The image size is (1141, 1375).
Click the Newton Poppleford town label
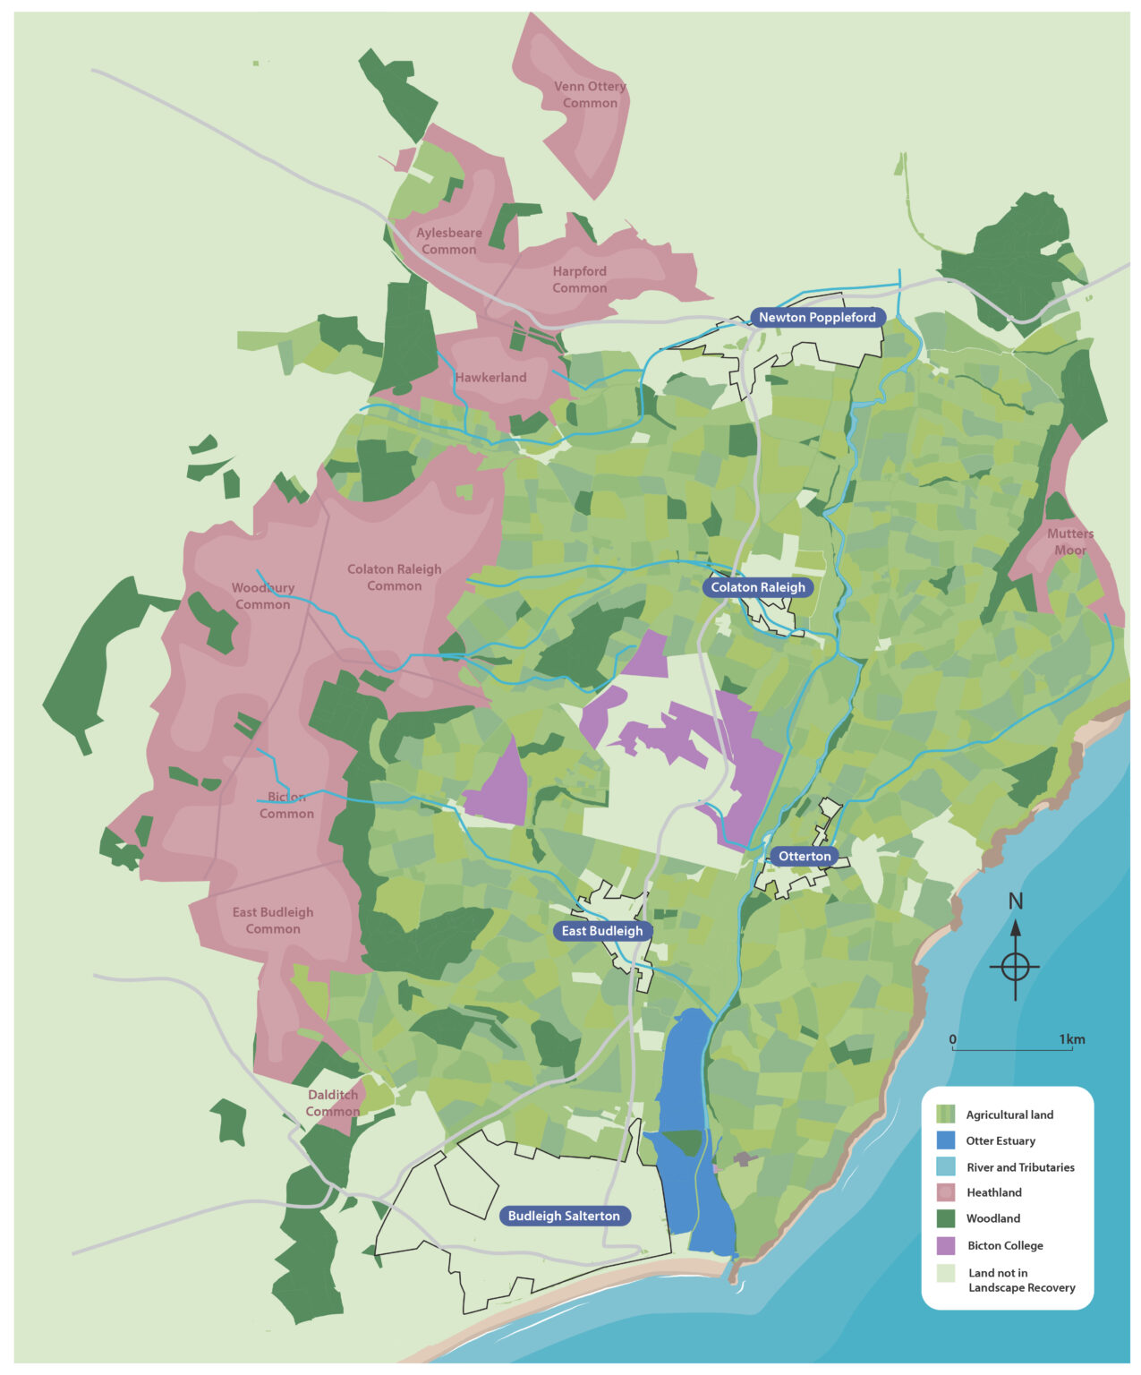(x=817, y=318)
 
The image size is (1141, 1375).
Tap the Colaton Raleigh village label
(x=758, y=587)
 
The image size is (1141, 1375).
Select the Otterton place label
(x=805, y=857)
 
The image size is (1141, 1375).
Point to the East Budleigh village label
(x=602, y=931)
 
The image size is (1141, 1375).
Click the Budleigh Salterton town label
(x=564, y=1216)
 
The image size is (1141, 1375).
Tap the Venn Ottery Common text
(x=590, y=95)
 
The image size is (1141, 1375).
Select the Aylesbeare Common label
(x=449, y=241)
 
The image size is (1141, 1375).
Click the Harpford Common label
(x=579, y=279)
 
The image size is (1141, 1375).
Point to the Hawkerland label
(x=490, y=378)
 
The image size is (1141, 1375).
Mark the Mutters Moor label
(x=1070, y=542)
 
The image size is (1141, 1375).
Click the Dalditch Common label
(x=333, y=1103)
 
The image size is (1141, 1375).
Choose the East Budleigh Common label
(x=273, y=920)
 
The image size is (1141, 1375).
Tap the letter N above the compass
(x=1016, y=901)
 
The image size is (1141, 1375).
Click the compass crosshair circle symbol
(x=1016, y=967)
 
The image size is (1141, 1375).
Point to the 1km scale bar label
(x=1072, y=1039)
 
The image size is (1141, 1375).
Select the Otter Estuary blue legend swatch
(x=946, y=1140)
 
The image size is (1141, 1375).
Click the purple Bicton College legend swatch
(x=946, y=1245)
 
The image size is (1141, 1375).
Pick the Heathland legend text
(x=993, y=1192)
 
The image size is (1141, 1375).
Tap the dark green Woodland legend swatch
(x=946, y=1218)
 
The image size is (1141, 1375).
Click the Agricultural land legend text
(x=1009, y=1115)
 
